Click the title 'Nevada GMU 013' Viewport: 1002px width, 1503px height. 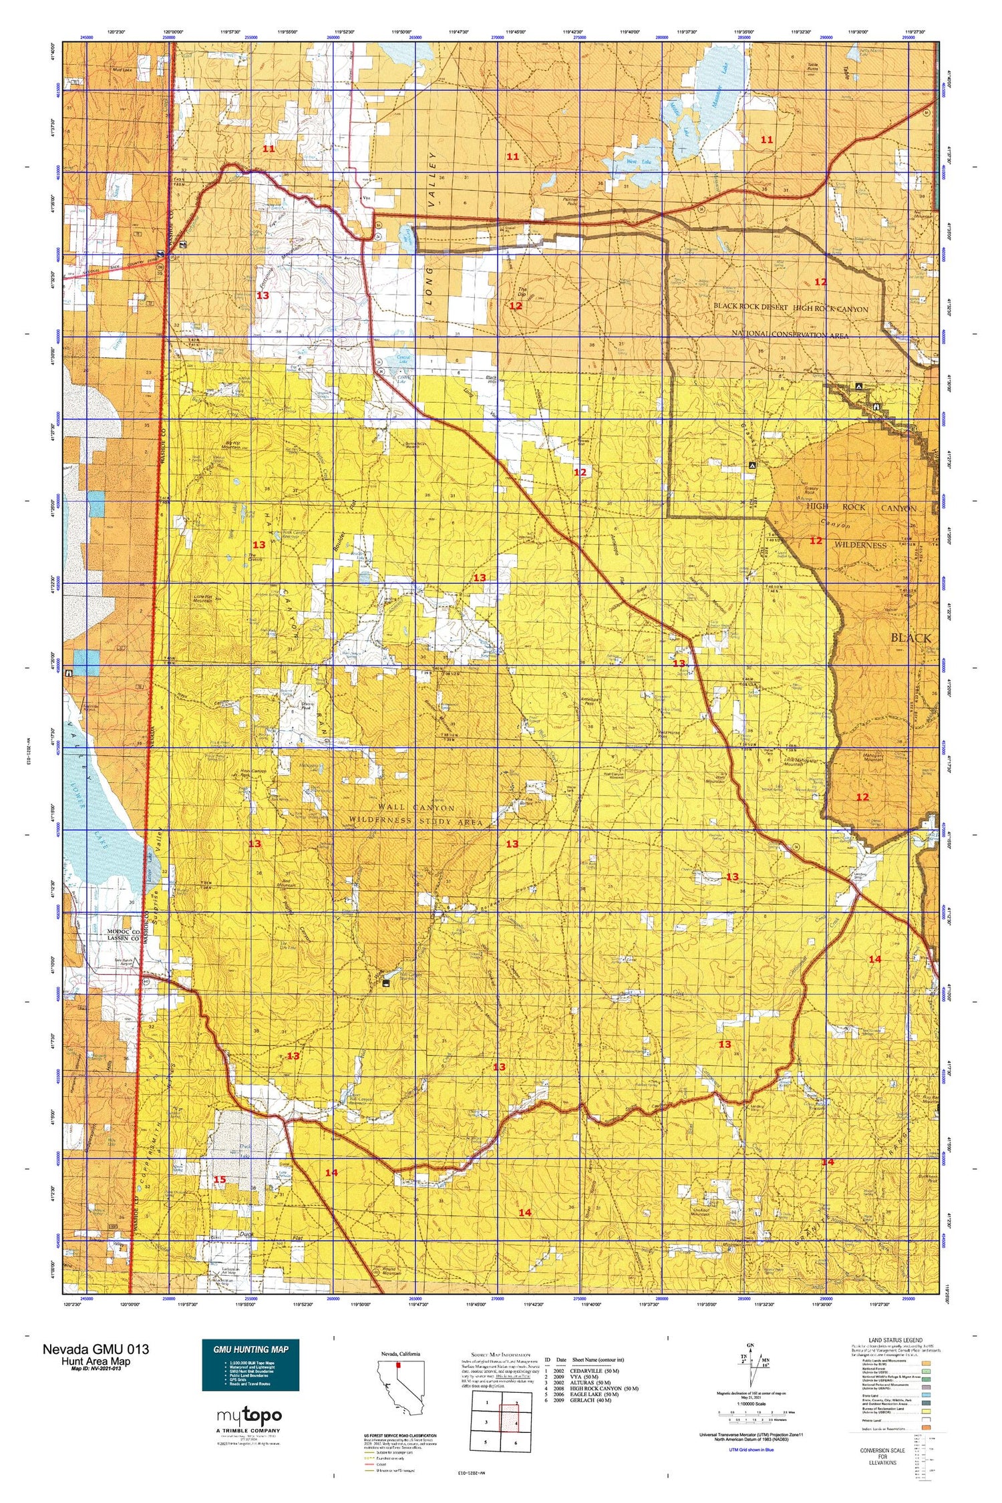coord(96,1349)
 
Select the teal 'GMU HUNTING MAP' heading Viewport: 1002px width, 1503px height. coord(251,1349)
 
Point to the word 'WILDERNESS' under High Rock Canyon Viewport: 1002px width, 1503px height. coord(860,545)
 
